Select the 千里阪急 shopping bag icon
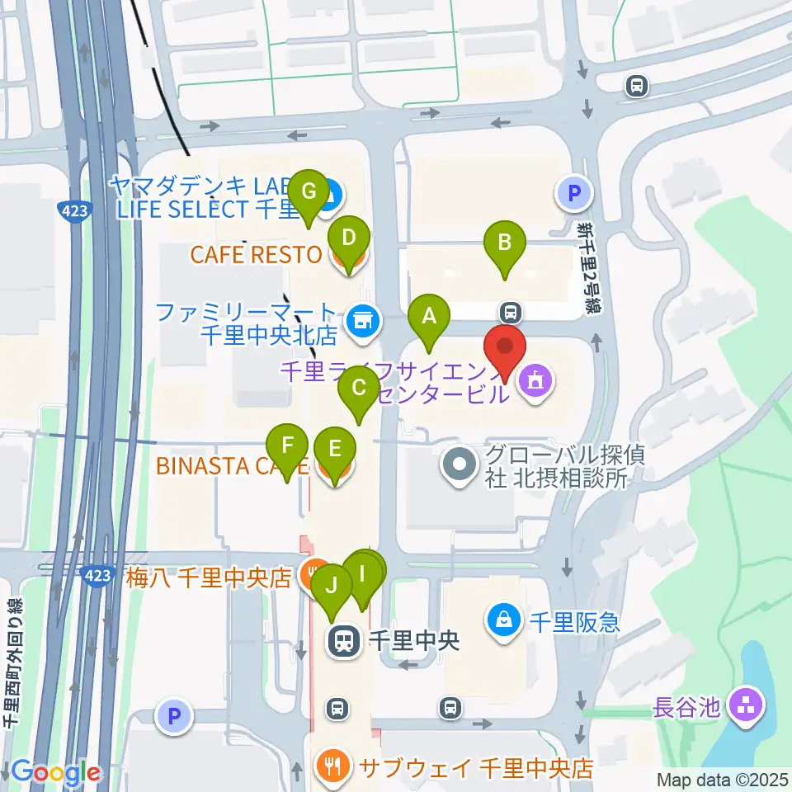[503, 617]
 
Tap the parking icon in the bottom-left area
[174, 716]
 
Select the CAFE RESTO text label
[256, 253]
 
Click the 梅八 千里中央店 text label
[210, 576]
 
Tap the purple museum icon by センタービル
[535, 381]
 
